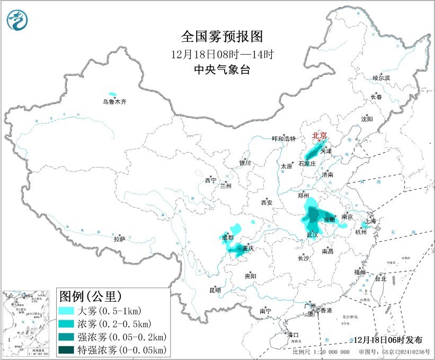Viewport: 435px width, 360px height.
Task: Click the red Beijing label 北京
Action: tap(319, 135)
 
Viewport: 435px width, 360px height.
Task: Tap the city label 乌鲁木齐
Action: tap(115, 101)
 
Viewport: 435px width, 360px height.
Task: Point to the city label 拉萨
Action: tap(119, 239)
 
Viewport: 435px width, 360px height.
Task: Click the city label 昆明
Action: tap(215, 290)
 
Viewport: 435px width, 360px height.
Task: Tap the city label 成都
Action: tap(228, 238)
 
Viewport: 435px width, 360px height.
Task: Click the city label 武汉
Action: tap(313, 234)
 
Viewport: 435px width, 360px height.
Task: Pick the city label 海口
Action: tap(293, 335)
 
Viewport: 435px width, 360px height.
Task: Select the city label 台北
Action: tap(380, 278)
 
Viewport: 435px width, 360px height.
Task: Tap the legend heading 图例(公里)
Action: tap(90, 295)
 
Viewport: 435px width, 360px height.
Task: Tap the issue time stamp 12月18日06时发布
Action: tap(389, 340)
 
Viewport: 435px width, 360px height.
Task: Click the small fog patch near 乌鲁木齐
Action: tap(112, 93)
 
